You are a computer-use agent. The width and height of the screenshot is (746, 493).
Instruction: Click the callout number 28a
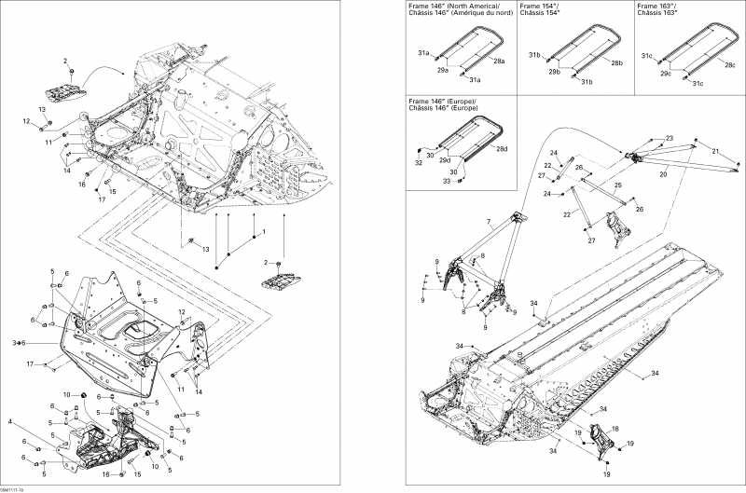[x=500, y=62]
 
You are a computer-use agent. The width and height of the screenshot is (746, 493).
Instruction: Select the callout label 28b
[x=616, y=63]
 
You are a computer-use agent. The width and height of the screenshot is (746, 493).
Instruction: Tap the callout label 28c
[x=730, y=65]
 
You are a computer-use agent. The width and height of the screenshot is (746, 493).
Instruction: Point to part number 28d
[x=502, y=149]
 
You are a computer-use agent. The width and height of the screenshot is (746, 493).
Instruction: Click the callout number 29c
[x=665, y=73]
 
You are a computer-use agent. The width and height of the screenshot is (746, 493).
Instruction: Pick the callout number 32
[x=419, y=163]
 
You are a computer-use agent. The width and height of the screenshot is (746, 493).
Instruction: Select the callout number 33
[x=447, y=181]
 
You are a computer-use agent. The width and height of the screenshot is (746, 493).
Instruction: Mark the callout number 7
[x=488, y=221]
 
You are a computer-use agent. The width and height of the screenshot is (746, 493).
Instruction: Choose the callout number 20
[x=664, y=173]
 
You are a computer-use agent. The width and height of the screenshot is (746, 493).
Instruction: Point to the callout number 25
[x=616, y=186]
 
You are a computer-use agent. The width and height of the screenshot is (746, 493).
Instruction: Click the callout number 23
[x=669, y=138]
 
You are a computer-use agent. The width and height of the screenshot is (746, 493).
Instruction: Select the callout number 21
[x=715, y=151]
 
